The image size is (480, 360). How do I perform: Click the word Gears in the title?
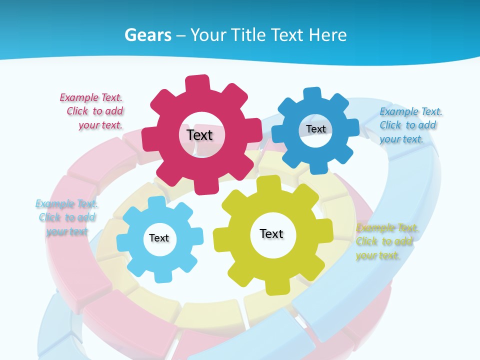pyautogui.click(x=147, y=35)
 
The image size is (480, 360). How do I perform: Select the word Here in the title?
pyautogui.click(x=327, y=35)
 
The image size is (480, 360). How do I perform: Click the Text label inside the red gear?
pyautogui.click(x=199, y=135)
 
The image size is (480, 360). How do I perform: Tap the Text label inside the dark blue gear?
pyautogui.click(x=315, y=129)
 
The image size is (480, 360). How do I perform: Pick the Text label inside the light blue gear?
pyautogui.click(x=159, y=238)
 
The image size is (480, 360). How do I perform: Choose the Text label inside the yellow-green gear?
pyautogui.click(x=271, y=233)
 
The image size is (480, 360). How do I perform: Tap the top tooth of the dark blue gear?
pyautogui.click(x=312, y=94)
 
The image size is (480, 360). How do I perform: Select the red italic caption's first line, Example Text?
pyautogui.click(x=91, y=97)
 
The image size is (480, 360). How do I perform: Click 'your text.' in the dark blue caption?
pyautogui.click(x=401, y=139)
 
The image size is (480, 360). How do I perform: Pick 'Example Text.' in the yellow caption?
pyautogui.click(x=387, y=228)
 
